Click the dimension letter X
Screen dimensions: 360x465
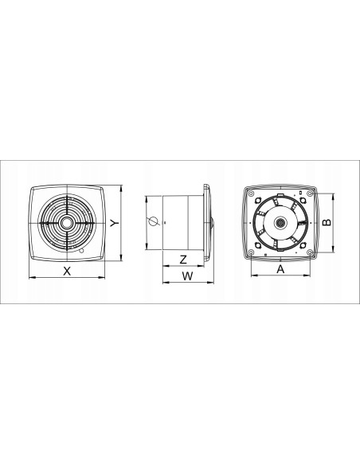coord(67,271)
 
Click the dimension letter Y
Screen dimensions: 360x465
coord(115,223)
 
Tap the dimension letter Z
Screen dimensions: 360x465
coord(183,260)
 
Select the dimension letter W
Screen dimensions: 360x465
coord(187,276)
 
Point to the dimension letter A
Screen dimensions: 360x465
coord(280,269)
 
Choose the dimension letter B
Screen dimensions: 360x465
coord(327,222)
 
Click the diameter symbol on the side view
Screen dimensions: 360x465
coord(154,221)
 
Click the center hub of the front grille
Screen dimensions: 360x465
coord(68,223)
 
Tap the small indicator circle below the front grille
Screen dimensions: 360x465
coord(81,252)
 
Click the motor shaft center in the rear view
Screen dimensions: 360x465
coord(280,222)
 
